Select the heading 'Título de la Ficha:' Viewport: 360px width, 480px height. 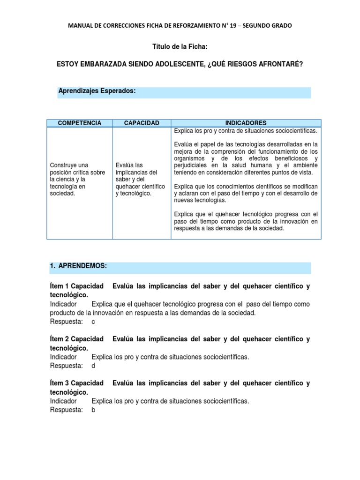(180, 47)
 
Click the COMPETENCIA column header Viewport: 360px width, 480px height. (79, 123)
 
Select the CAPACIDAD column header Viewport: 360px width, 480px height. (141, 123)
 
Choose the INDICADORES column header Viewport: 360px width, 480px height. (246, 123)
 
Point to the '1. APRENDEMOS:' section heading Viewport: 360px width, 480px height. (78, 266)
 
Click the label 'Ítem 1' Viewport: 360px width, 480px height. (59, 286)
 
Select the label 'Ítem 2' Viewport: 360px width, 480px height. (59, 338)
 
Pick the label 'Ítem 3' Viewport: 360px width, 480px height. (59, 383)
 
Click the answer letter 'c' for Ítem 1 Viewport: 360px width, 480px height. (93, 322)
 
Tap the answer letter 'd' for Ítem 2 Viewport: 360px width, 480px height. (93, 366)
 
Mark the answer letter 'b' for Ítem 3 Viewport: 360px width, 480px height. (93, 410)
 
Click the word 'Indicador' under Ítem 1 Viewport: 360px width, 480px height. (63, 304)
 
